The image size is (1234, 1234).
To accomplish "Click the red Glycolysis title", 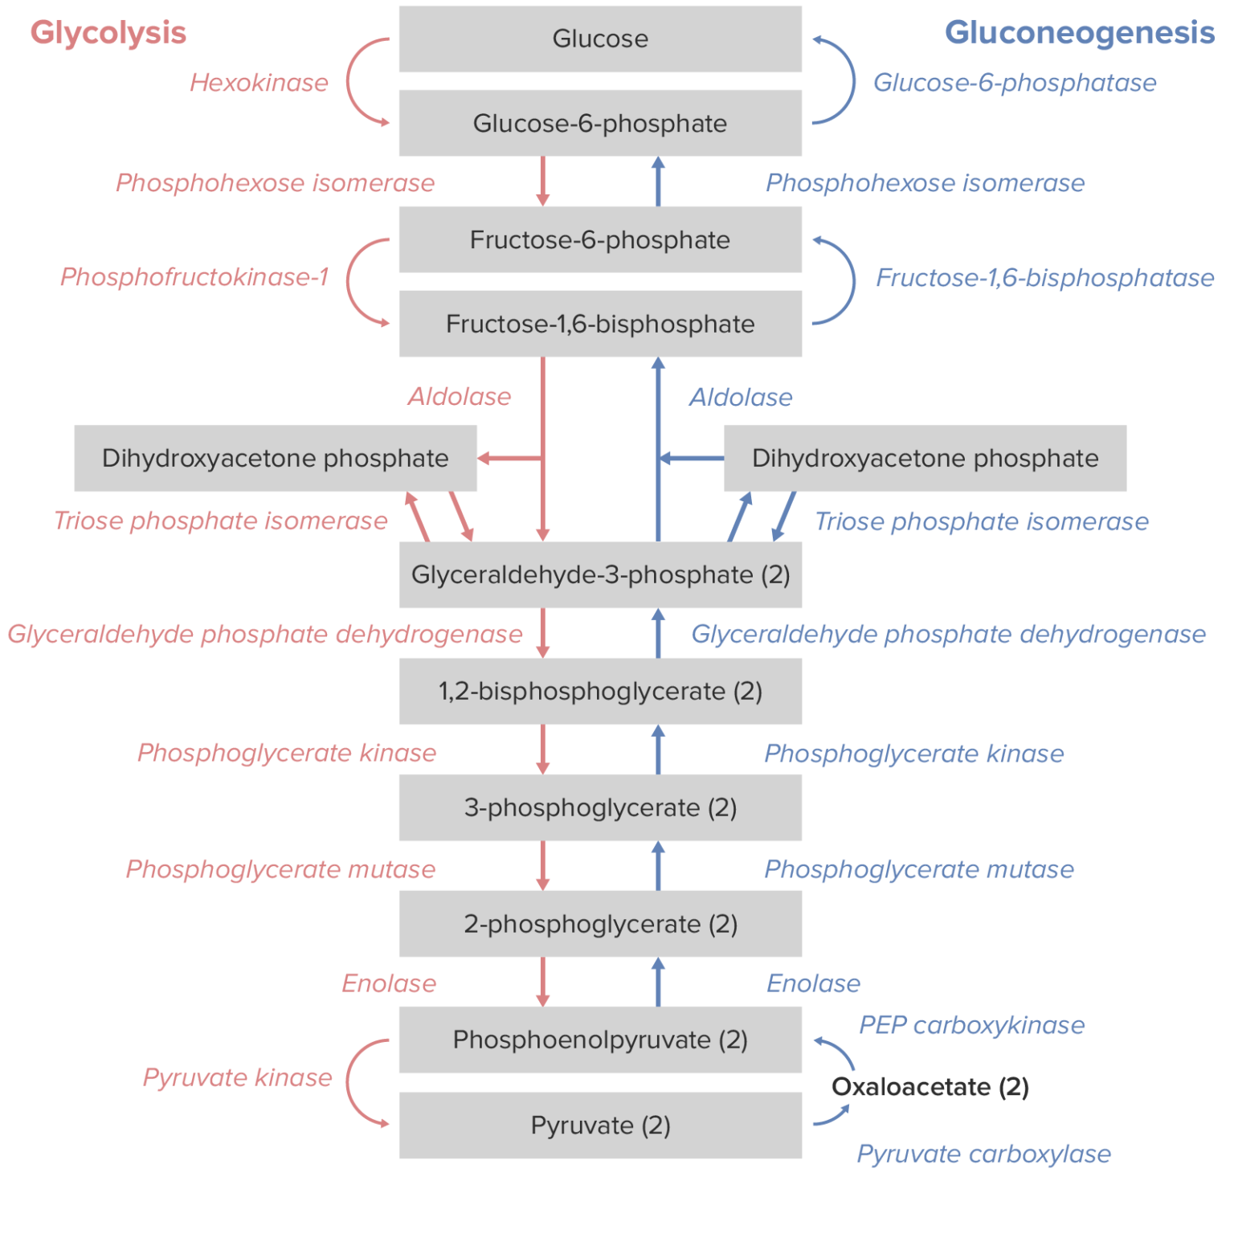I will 108,33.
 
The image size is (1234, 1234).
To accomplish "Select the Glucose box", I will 600,39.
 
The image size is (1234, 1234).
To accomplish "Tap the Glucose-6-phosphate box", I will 600,123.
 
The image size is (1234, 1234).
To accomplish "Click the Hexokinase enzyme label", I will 259,83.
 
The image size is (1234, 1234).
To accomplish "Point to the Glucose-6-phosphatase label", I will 1014,83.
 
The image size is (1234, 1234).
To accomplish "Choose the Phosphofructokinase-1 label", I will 194,277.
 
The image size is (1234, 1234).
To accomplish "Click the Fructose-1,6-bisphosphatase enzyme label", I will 1044,278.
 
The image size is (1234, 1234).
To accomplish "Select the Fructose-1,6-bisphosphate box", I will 600,324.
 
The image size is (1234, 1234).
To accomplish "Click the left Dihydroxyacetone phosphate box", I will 275,458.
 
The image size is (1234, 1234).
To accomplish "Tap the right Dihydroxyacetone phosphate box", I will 925,458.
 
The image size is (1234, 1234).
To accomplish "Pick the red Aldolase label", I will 459,397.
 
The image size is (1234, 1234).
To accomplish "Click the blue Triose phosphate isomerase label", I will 982,521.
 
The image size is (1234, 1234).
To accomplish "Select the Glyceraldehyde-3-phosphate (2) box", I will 600,574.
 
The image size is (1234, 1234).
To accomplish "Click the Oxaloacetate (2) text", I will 930,1087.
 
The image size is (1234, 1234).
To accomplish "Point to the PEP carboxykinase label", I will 971,1025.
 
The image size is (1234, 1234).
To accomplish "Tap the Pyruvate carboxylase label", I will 983,1154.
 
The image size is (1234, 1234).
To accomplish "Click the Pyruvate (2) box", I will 600,1125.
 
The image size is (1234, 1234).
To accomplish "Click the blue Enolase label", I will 813,983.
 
